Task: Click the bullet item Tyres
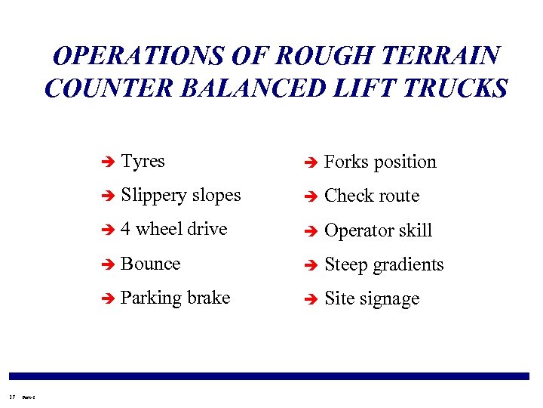[143, 161]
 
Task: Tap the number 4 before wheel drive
[126, 229]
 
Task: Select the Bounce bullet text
[151, 264]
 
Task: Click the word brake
[207, 298]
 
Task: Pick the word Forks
[346, 162]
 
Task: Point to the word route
[396, 196]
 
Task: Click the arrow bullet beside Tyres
[107, 162]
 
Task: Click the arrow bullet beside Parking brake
[107, 298]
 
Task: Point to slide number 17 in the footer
[11, 393]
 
